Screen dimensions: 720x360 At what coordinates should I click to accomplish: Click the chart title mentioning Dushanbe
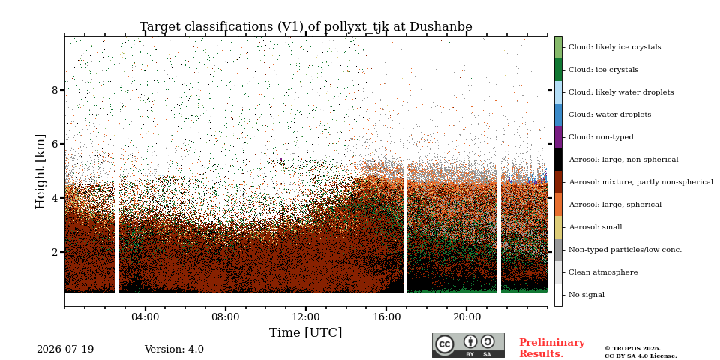pyautogui.click(x=306, y=27)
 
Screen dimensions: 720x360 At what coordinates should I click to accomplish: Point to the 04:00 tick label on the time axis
pyautogui.click(x=145, y=316)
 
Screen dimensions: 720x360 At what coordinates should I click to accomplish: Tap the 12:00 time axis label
pyautogui.click(x=306, y=316)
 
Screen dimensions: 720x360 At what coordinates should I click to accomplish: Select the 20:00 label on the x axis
pyautogui.click(x=466, y=316)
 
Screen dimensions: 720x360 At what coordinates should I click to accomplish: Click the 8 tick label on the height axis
pyautogui.click(x=55, y=89)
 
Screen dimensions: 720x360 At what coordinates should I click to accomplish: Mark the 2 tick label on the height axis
pyautogui.click(x=55, y=252)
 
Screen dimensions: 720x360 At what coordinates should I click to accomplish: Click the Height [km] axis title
pyautogui.click(x=40, y=172)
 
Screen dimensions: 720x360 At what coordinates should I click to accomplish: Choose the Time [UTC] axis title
pyautogui.click(x=306, y=332)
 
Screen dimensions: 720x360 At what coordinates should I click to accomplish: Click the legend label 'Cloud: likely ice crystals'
pyautogui.click(x=615, y=46)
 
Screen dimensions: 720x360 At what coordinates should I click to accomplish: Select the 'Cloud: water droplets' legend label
pyautogui.click(x=610, y=114)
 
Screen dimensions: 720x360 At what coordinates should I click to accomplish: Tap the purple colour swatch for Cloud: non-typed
pyautogui.click(x=558, y=136)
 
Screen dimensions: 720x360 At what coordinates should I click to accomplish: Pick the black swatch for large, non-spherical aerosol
pyautogui.click(x=558, y=159)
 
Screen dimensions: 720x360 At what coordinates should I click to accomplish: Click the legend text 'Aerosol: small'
pyautogui.click(x=595, y=226)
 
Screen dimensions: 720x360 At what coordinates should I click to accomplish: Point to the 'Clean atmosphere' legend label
pyautogui.click(x=603, y=271)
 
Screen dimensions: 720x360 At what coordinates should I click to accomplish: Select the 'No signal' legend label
pyautogui.click(x=586, y=294)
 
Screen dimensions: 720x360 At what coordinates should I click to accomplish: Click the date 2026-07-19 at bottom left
pyautogui.click(x=65, y=349)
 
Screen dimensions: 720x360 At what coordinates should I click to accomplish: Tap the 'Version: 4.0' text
pyautogui.click(x=174, y=349)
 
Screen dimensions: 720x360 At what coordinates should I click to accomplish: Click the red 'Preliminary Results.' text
pyautogui.click(x=552, y=348)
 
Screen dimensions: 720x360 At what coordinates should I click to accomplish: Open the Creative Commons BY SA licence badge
pyautogui.click(x=468, y=345)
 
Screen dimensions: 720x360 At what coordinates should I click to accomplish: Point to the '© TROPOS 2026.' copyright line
pyautogui.click(x=633, y=349)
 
